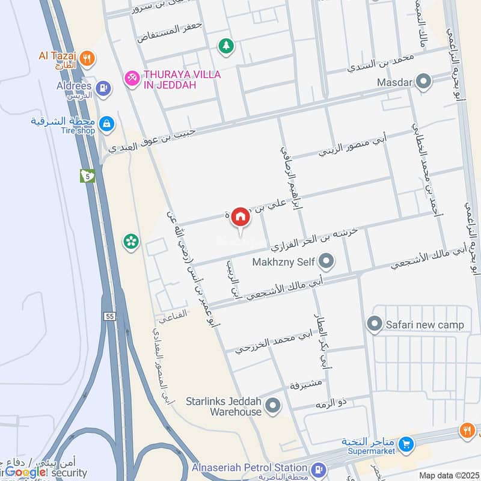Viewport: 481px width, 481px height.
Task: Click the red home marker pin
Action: click(x=240, y=218)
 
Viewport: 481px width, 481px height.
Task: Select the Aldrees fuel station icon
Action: click(x=105, y=88)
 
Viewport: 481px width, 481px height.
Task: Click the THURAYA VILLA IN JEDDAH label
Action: click(x=173, y=79)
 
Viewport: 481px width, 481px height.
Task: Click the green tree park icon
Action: click(x=227, y=46)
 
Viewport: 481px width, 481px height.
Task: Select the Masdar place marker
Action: click(x=424, y=81)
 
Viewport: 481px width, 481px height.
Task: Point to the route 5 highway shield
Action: click(x=88, y=176)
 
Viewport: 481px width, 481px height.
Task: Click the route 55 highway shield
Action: click(x=109, y=316)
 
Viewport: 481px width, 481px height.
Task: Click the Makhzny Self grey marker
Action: click(x=326, y=261)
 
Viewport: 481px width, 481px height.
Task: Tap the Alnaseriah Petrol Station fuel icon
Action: click(x=319, y=468)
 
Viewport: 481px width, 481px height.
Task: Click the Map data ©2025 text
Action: click(x=448, y=476)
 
